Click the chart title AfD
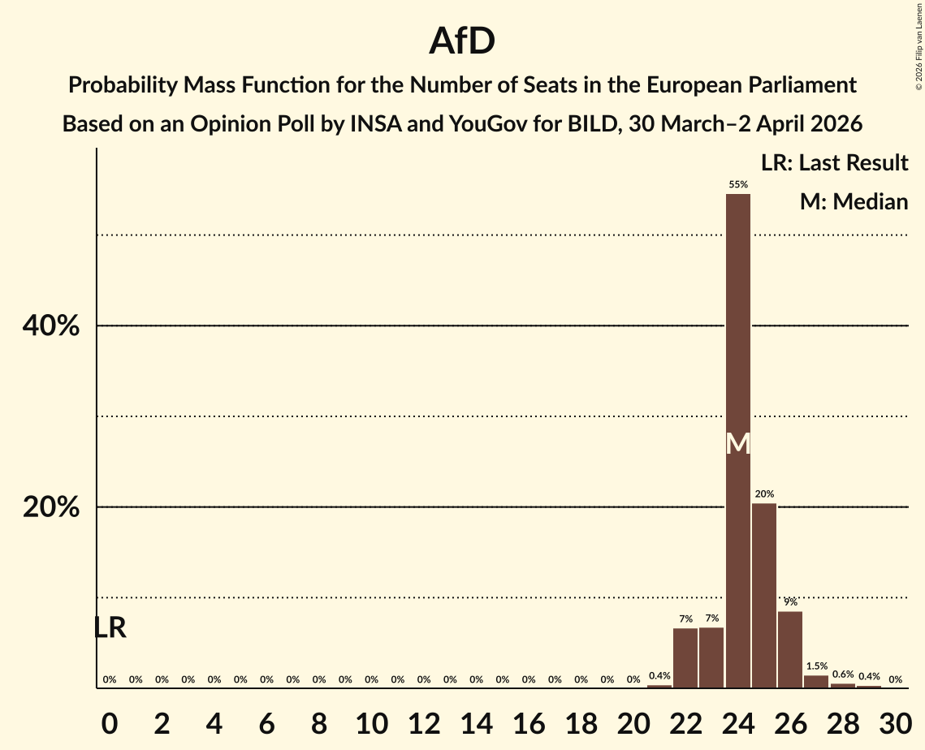(x=462, y=41)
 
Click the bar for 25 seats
(x=764, y=596)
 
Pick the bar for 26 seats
(x=790, y=649)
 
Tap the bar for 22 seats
(x=685, y=658)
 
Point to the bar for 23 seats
(x=711, y=657)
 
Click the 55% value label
(x=738, y=184)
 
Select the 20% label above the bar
(x=764, y=494)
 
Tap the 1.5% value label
(x=816, y=666)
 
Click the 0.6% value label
(x=843, y=674)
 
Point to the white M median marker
(x=738, y=443)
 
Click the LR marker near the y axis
(x=110, y=627)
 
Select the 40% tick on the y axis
(x=50, y=326)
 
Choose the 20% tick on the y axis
(x=50, y=507)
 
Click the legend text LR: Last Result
(x=834, y=163)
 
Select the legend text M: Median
(x=854, y=201)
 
